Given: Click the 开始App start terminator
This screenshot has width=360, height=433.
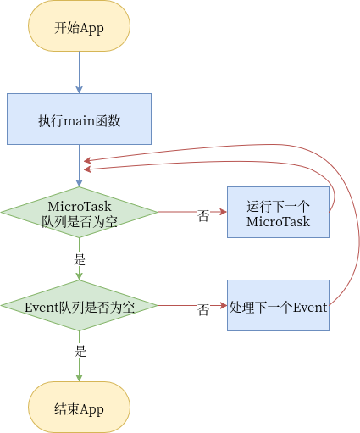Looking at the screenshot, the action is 79,25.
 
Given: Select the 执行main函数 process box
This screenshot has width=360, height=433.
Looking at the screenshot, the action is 79,119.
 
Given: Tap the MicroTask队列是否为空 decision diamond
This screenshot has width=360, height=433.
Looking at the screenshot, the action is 79,212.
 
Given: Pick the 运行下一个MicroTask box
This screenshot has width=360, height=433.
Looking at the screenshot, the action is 278,212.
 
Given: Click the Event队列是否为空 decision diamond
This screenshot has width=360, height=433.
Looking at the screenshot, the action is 79,305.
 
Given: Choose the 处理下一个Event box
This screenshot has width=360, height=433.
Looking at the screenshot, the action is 278,305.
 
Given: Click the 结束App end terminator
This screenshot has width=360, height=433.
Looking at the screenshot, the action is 79,407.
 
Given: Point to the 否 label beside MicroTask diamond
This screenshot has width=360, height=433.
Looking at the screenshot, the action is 203,216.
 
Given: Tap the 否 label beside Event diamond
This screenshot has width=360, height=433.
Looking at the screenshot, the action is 203,309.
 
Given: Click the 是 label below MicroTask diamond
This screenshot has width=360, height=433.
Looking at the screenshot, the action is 80,259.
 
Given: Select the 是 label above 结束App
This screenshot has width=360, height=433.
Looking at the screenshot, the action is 80,351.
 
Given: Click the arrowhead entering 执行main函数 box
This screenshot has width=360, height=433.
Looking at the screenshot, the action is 79,90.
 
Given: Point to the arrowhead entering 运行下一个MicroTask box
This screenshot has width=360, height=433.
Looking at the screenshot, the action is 224,212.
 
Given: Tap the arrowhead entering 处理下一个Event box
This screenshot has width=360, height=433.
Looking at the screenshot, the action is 224,305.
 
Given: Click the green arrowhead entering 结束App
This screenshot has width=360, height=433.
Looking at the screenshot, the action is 79,378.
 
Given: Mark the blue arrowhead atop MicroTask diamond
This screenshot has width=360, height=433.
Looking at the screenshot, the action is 79,183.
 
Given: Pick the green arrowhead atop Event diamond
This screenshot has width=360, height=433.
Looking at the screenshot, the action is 79,276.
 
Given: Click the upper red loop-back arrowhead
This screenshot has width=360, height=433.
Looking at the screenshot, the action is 87,161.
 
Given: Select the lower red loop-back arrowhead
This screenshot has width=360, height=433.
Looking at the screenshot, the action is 87,169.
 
